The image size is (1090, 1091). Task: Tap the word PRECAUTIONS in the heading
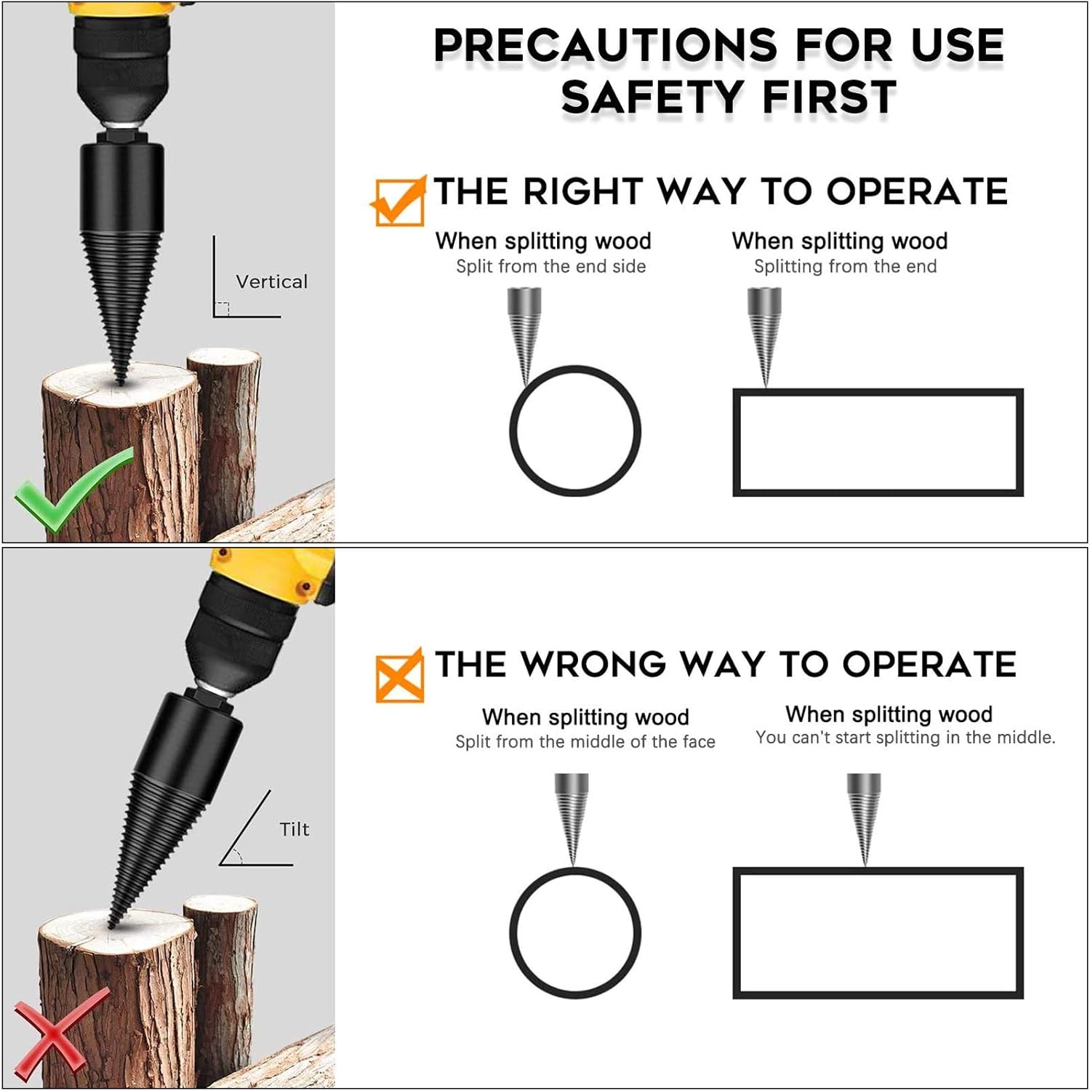point(606,45)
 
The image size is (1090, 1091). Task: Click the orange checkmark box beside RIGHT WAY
point(398,201)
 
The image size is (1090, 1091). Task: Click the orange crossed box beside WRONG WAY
point(399,675)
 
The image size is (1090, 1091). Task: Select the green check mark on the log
point(73,489)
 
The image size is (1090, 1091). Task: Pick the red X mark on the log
point(61,1033)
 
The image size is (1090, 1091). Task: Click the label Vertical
point(271,281)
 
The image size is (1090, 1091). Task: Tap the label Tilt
point(294,829)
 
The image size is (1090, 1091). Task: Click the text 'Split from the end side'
point(550,267)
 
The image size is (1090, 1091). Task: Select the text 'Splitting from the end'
point(845,267)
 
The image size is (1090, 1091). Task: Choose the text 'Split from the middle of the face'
point(585,742)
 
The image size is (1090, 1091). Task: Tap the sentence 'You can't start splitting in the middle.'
point(905,738)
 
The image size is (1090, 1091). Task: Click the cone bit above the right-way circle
point(524,335)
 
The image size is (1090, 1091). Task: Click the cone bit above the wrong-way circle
point(571,818)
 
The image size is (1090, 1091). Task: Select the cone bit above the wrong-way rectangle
point(864,818)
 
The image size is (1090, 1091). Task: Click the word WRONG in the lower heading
point(593,665)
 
